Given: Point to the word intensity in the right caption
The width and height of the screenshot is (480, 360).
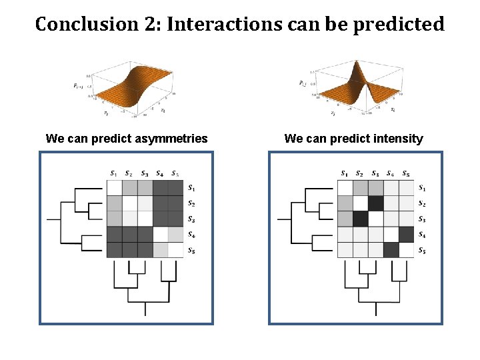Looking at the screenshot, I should coord(396,139).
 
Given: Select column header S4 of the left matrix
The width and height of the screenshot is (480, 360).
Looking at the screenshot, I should coord(161,174).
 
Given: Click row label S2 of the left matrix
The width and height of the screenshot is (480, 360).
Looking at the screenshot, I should coord(192,203).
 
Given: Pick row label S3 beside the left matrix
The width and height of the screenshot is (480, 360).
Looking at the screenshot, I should coord(192,219).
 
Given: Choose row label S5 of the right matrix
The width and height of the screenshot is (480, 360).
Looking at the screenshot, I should coord(423,251).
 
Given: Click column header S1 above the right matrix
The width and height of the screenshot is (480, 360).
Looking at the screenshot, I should coord(344,174).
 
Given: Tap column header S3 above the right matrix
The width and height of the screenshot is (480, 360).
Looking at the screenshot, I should coord(376,174).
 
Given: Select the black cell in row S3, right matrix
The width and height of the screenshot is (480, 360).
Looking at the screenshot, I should coord(361,219).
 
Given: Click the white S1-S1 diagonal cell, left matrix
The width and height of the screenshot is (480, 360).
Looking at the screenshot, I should coord(115,188).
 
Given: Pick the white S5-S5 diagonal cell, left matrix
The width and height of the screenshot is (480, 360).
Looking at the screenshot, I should coord(176,250).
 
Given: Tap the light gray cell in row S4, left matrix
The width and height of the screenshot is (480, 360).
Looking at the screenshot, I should coord(176,235).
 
